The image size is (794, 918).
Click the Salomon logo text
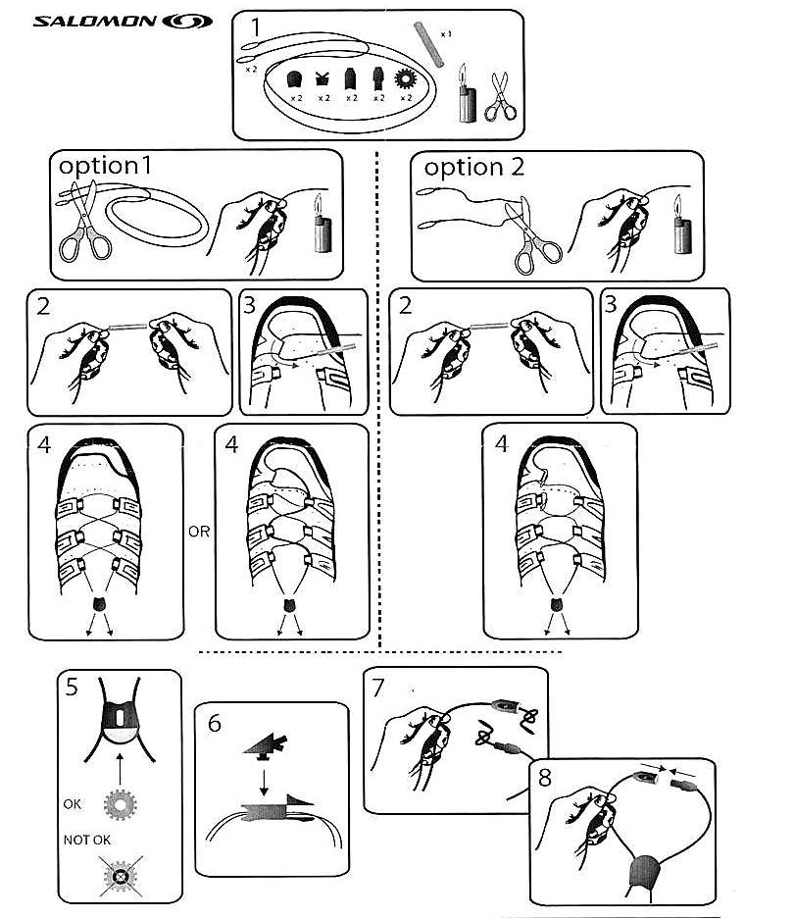click(95, 22)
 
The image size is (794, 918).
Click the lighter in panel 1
click(467, 94)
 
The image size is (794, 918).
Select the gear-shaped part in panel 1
click(406, 78)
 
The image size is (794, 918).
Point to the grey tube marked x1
click(429, 44)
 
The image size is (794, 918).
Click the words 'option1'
click(105, 167)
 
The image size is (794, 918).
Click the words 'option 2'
click(473, 168)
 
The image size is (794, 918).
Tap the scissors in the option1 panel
click(85, 222)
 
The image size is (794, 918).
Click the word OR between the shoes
click(199, 532)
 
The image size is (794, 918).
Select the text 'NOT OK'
click(86, 840)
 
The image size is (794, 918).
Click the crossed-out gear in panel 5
click(121, 876)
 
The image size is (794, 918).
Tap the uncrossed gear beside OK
click(120, 805)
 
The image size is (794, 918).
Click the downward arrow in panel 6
click(264, 784)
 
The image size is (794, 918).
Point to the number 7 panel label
click(378, 688)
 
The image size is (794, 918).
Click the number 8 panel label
click(544, 778)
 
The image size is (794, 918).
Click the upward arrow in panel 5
click(120, 769)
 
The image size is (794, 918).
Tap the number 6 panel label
click(215, 724)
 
